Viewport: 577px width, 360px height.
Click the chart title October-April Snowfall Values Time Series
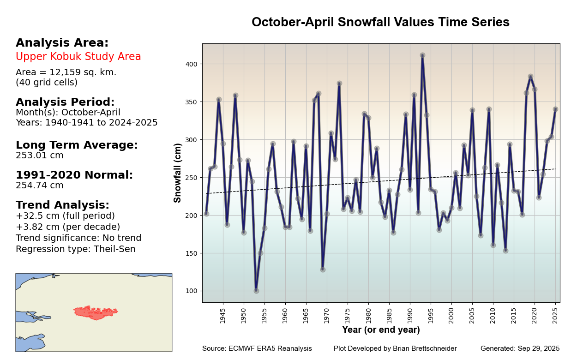(380, 22)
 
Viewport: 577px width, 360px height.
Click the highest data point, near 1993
(422, 55)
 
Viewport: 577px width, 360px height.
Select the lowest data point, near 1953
(256, 291)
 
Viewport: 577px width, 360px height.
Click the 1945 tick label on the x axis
(223, 316)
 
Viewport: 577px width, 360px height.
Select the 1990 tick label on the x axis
(410, 316)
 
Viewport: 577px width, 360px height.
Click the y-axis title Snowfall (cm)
(178, 173)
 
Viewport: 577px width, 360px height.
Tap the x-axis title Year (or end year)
(381, 330)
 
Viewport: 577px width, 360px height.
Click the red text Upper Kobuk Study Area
(78, 57)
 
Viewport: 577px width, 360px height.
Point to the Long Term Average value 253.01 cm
(40, 156)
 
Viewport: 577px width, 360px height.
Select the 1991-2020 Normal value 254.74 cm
(40, 186)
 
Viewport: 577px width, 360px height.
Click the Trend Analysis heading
(62, 205)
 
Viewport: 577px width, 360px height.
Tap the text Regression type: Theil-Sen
(76, 249)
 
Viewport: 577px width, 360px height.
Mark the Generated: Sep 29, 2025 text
(520, 348)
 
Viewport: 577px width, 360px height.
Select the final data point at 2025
(555, 109)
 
